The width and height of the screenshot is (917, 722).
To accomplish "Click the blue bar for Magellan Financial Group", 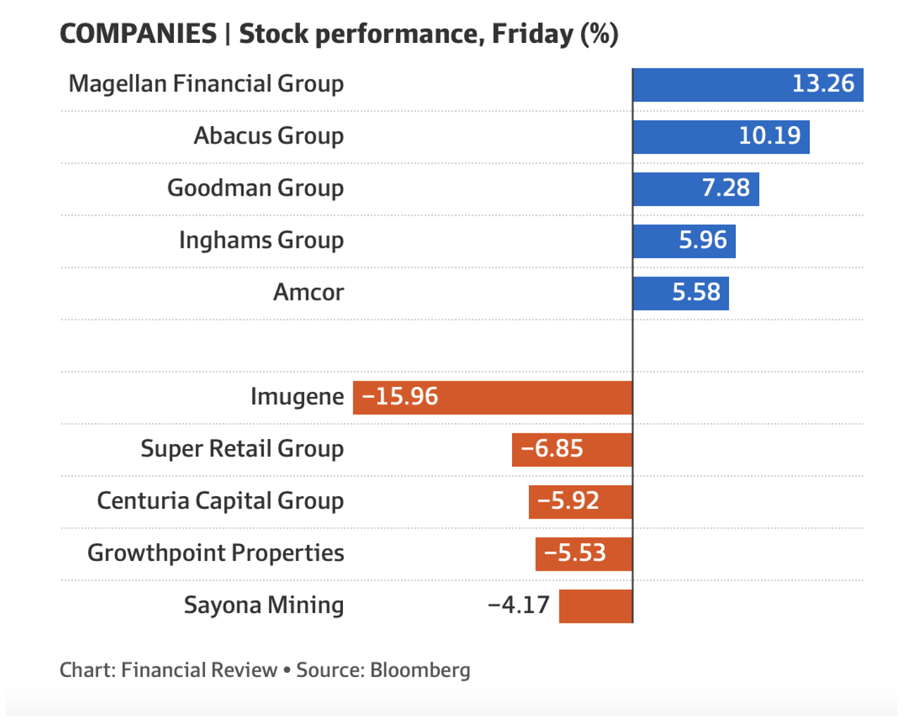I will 711,84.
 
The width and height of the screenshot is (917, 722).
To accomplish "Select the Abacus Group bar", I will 683,137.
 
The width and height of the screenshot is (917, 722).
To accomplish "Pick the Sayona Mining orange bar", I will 596,606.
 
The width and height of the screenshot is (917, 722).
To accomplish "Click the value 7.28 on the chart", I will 726,189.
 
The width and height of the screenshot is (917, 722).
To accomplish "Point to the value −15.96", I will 400,397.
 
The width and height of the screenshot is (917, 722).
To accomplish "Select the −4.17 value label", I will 518,605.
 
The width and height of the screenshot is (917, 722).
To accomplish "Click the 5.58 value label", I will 696,293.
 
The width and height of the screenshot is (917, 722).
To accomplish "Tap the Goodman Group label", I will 255,189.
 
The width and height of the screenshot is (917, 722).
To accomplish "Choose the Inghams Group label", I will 261,241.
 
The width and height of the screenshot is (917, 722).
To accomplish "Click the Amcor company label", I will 308,293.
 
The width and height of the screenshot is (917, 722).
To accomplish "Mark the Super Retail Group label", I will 242,449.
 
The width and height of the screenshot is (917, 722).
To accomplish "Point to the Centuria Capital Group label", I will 220,501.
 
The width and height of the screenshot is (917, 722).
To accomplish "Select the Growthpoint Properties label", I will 216,553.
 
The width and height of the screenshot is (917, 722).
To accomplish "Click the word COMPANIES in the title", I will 138,34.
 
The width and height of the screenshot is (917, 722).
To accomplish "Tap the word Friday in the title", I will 532,34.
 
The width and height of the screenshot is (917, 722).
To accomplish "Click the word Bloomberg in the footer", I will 420,670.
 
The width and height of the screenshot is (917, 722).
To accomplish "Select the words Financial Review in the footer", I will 199,670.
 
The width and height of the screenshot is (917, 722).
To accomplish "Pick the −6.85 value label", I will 552,449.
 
